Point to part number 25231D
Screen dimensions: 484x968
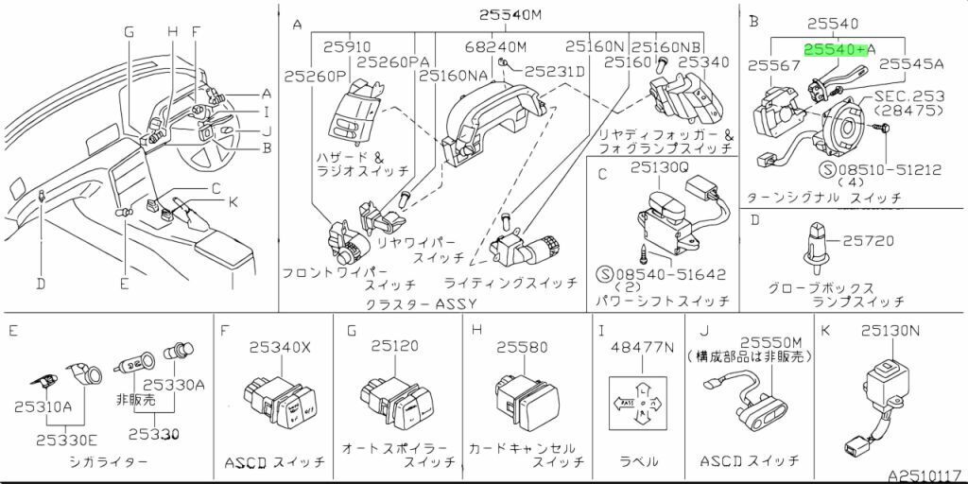pos(555,71)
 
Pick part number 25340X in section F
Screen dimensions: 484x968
pos(278,347)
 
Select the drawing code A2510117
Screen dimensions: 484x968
pos(925,475)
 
